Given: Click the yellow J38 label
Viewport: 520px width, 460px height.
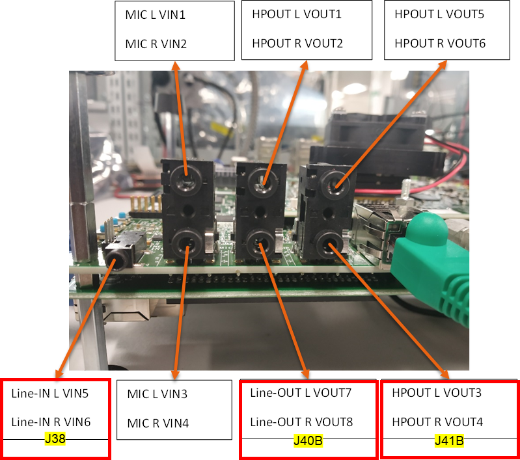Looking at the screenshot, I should coord(55,439).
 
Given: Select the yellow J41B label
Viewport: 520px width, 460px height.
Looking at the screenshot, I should coord(448,442).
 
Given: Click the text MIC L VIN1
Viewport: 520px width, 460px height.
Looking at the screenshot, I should coord(156,14).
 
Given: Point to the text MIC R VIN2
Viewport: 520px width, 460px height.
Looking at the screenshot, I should coord(156,44).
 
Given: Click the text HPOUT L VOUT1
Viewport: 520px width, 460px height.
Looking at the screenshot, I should coord(297,14).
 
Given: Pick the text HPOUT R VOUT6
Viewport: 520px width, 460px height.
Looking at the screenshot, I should coord(440,44).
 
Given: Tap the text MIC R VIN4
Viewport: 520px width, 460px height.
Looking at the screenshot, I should coord(158,423).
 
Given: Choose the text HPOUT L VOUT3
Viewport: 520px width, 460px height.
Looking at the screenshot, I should coord(437,393).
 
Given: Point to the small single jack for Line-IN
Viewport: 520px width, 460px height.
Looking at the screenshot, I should coord(117,258).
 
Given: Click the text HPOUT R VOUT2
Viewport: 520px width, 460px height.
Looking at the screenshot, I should coord(297,44).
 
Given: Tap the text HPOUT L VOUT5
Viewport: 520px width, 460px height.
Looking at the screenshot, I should coord(439,14).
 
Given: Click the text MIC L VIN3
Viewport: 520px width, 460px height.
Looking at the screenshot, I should coord(157,394).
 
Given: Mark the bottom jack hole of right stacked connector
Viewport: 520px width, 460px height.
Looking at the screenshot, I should coord(333,245).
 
